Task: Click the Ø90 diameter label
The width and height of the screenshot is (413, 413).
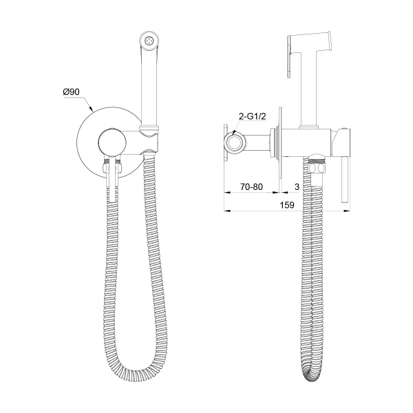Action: [x=71, y=92]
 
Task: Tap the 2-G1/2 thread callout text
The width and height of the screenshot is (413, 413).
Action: [x=252, y=117]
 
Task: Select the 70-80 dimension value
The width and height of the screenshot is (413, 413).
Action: [x=251, y=187]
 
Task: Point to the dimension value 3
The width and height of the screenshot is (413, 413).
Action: [x=297, y=187]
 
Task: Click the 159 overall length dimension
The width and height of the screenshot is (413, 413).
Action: [x=287, y=204]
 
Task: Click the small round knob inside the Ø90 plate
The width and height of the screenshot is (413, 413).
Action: [x=112, y=143]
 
